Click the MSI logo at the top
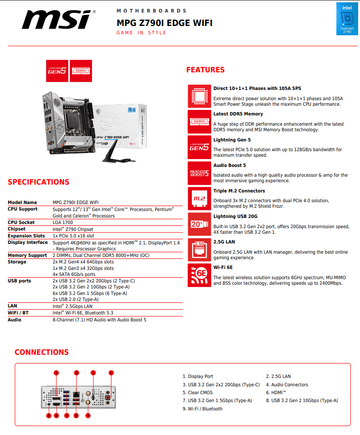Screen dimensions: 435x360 [x=58, y=20]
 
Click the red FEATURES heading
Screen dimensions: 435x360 [x=205, y=70]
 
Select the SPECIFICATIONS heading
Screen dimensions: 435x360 [x=38, y=182]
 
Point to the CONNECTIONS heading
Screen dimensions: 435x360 [x=42, y=352]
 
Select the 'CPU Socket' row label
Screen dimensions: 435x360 [x=21, y=223]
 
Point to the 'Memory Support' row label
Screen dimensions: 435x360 [x=27, y=256]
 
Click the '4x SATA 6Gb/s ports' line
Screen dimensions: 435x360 [x=74, y=275]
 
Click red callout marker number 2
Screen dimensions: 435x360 [x=76, y=372]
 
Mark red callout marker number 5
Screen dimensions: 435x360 [x=49, y=416]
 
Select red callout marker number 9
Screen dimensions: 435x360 [x=88, y=416]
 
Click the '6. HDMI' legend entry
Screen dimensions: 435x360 [x=276, y=393]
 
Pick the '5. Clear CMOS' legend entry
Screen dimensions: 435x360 [x=198, y=393]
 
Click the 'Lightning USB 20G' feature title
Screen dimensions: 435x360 [x=235, y=217]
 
